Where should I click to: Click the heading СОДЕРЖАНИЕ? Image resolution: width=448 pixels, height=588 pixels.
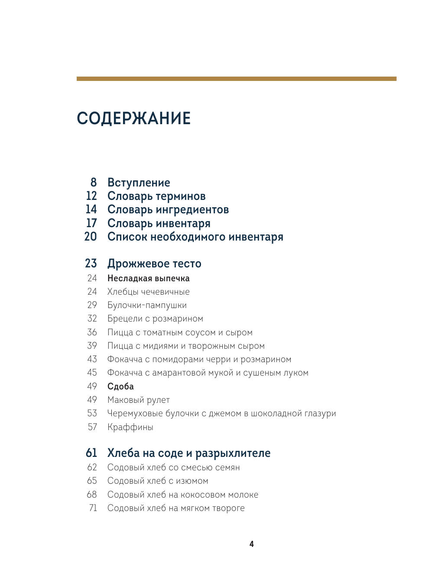pos(133,119)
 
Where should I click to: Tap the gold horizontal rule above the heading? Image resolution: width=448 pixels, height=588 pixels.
pos(236,79)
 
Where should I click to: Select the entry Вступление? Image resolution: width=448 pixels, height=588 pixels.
pos(139,183)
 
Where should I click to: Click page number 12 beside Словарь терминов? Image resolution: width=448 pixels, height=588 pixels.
pos(91,196)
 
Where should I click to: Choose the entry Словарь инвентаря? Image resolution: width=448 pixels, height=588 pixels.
pos(159,223)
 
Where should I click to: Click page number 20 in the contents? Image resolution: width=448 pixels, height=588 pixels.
pos(91,237)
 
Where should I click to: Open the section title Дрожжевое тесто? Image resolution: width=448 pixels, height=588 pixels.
pos(154,263)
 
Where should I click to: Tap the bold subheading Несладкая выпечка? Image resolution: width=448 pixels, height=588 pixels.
pos(148,278)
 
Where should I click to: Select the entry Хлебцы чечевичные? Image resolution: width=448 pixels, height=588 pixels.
pos(148,292)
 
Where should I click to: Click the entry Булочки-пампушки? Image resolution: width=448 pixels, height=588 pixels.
pos(147,305)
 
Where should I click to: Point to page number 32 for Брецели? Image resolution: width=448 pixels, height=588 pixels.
pos(92,318)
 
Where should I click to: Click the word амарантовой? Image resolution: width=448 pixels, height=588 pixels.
pos(180,373)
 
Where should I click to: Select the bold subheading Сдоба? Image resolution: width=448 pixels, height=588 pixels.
pos(120,386)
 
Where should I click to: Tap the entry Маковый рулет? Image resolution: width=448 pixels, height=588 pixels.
pos(138,400)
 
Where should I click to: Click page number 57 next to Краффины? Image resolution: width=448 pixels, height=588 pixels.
pos(92,427)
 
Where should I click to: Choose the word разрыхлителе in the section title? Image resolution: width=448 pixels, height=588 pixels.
pos(233,453)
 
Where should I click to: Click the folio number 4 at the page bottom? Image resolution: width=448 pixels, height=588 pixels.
pos(251,544)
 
